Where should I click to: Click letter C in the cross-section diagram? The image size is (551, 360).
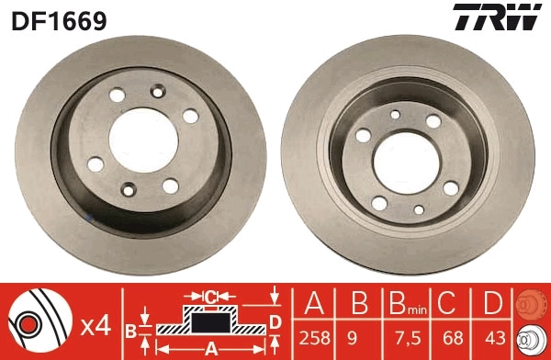click(x=209, y=296)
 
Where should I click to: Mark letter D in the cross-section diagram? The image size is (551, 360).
click(x=275, y=321)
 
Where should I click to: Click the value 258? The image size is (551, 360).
click(x=314, y=337)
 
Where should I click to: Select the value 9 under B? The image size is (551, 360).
click(x=359, y=337)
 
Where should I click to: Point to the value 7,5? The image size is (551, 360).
click(x=402, y=337)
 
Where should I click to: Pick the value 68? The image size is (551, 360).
click(x=449, y=337)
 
